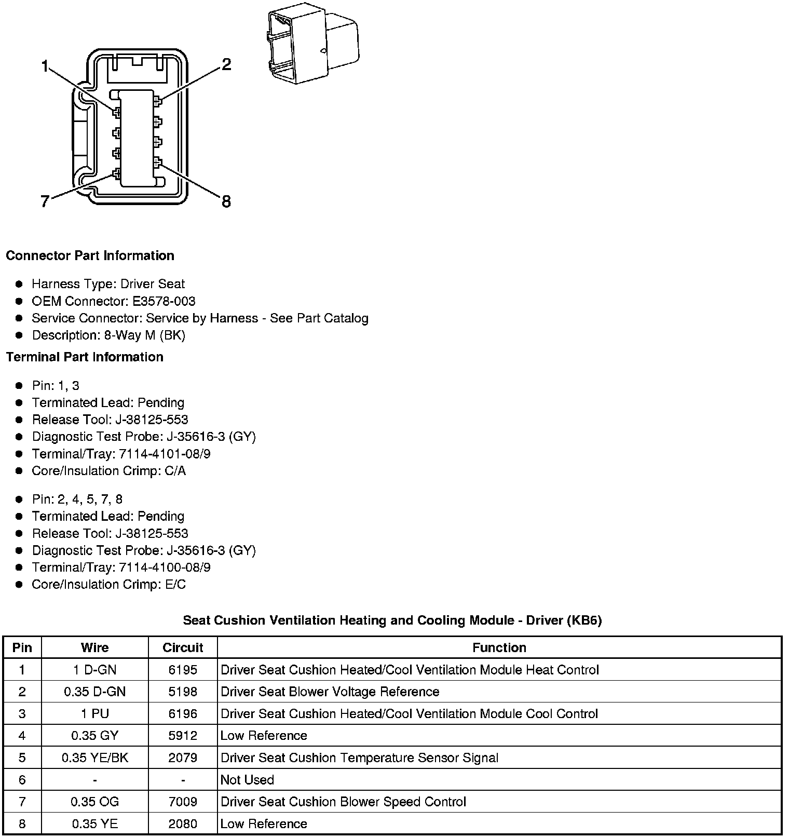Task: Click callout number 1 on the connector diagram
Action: pos(45,66)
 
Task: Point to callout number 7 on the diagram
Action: pos(45,201)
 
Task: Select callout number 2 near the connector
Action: pos(226,64)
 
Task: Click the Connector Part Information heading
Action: pos(90,255)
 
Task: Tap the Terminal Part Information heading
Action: pos(85,357)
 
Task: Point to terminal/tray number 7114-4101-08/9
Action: pos(165,454)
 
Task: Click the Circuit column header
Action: pos(183,647)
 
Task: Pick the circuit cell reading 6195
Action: pos(183,670)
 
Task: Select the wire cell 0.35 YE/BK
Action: pos(95,758)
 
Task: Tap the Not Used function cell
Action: pos(247,779)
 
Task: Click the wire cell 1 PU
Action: pos(95,713)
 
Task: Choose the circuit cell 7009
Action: pos(183,802)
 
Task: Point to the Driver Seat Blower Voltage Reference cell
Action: pos(330,692)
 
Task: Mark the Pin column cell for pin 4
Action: pos(22,736)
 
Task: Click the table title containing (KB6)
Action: pos(392,620)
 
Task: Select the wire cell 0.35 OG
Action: pos(95,802)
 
